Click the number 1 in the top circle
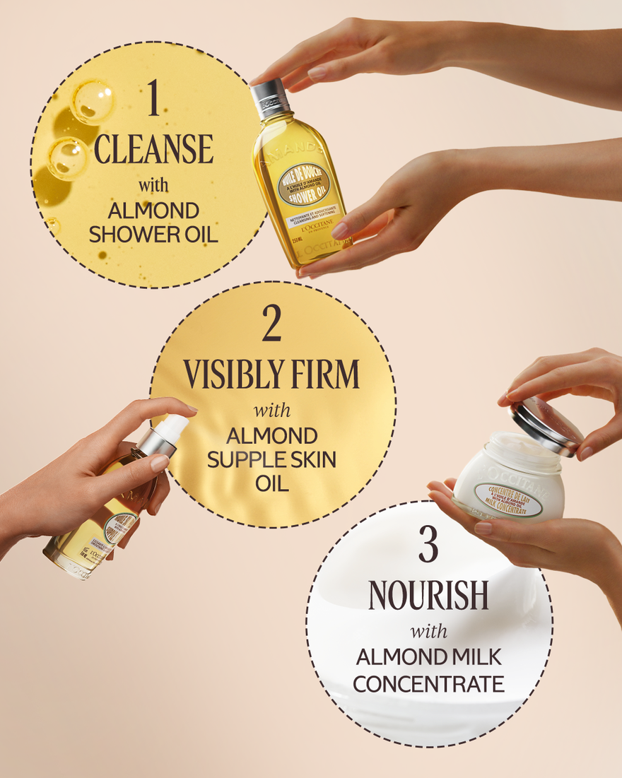coord(153,100)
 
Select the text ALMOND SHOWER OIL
coord(153,222)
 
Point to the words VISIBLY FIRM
coord(271,375)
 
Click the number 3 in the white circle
coord(428,546)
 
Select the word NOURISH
coord(428,596)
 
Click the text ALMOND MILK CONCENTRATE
coord(428,671)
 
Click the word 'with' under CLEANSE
coord(153,186)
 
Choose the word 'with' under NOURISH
coord(428,630)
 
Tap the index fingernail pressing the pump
coord(160,462)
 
